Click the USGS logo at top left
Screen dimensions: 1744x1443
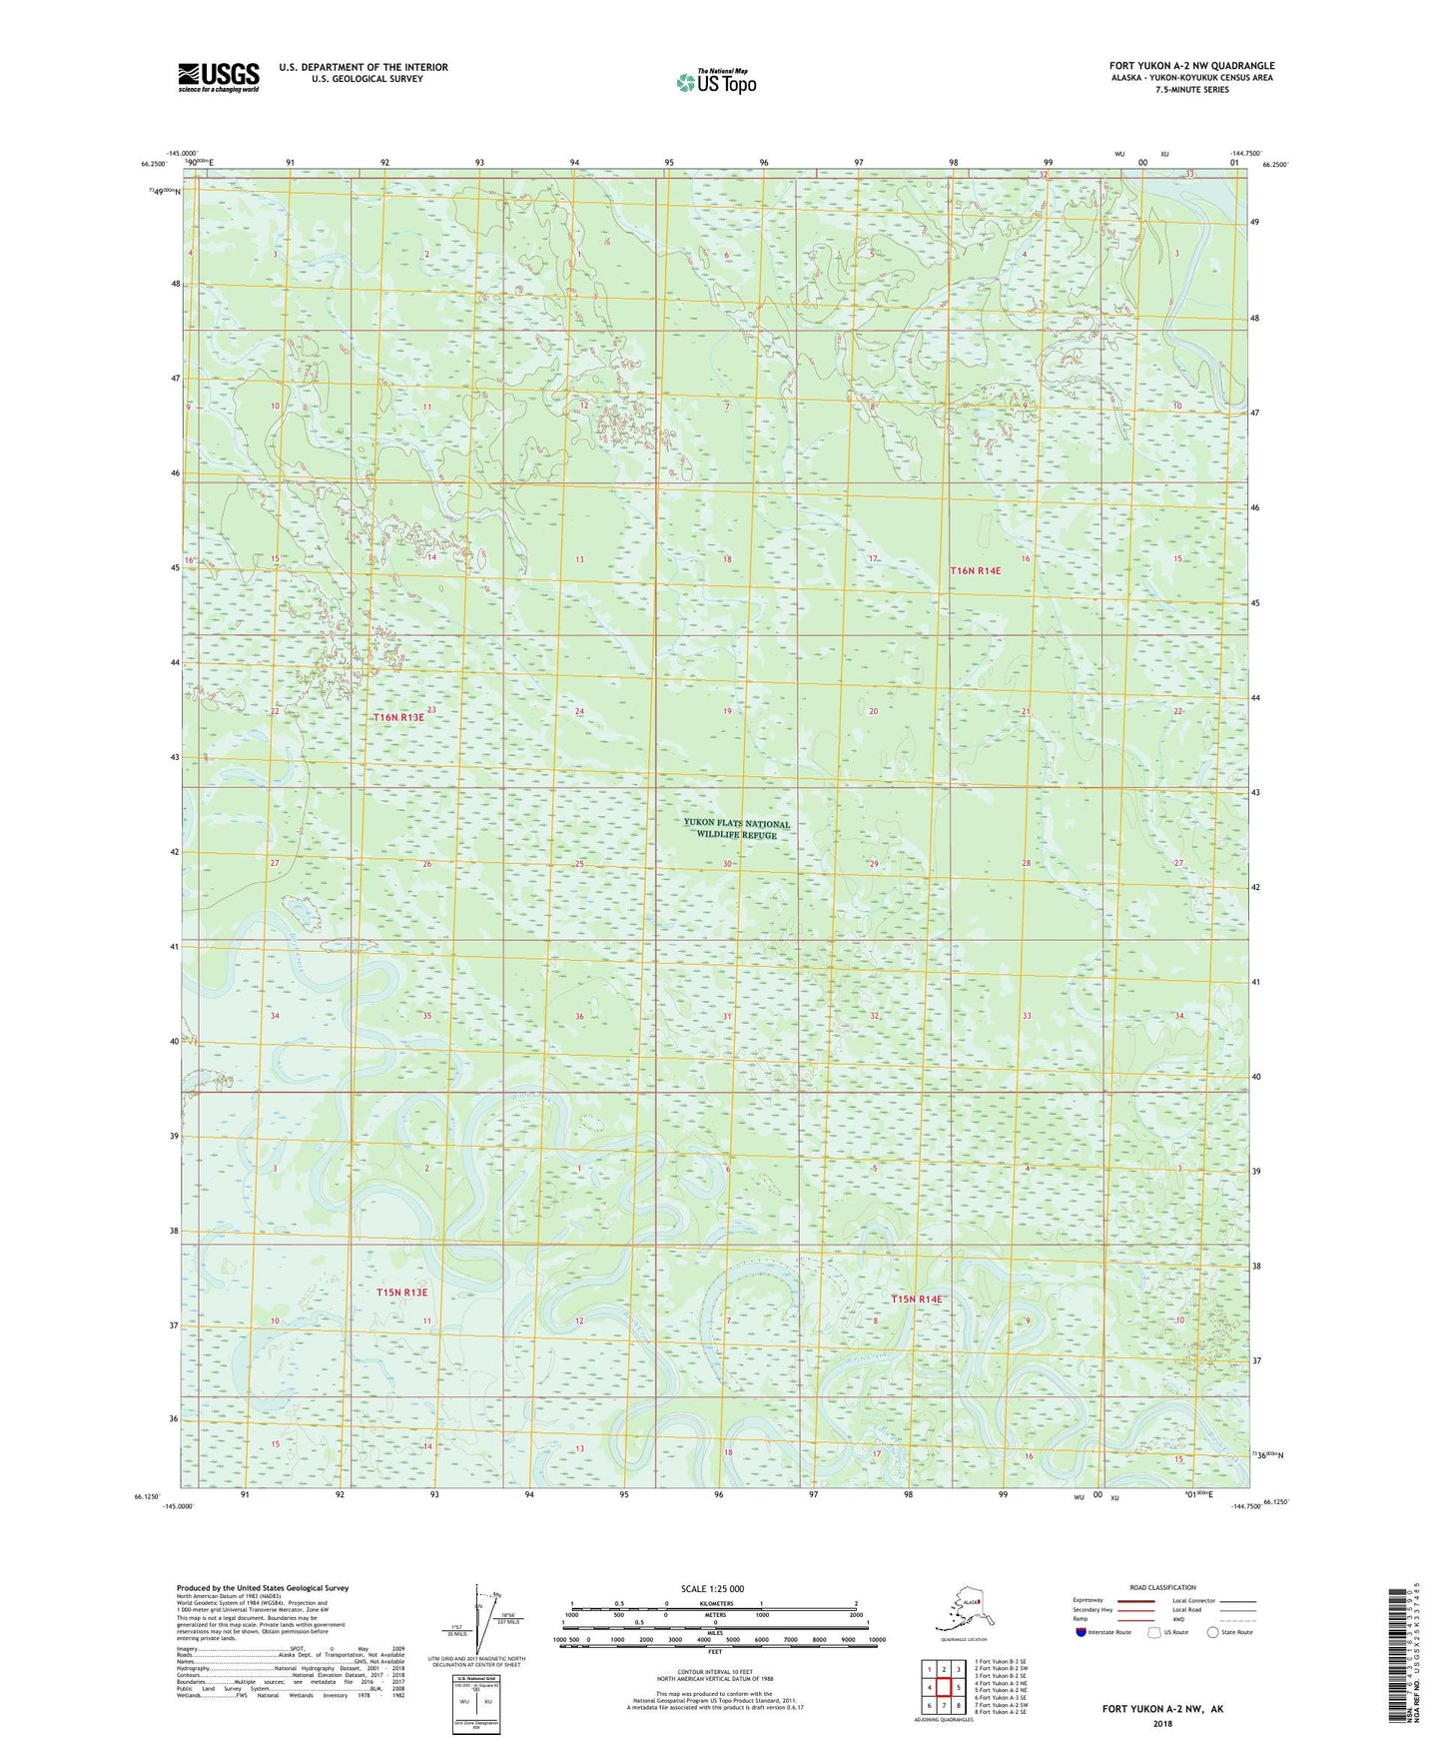(x=218, y=77)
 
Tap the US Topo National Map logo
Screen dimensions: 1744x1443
(x=715, y=82)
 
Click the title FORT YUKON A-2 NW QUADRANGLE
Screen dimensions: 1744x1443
(x=1191, y=66)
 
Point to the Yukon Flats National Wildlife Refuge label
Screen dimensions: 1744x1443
(x=737, y=829)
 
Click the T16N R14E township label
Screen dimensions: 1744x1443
(x=975, y=570)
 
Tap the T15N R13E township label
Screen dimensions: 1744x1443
(x=401, y=1293)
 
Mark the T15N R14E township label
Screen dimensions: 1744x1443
(x=916, y=1299)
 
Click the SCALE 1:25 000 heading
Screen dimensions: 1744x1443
(x=713, y=1588)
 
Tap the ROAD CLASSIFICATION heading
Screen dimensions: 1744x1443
(x=1161, y=1587)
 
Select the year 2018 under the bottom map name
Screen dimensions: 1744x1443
(x=1162, y=1723)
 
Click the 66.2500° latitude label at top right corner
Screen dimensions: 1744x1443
(x=1276, y=165)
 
